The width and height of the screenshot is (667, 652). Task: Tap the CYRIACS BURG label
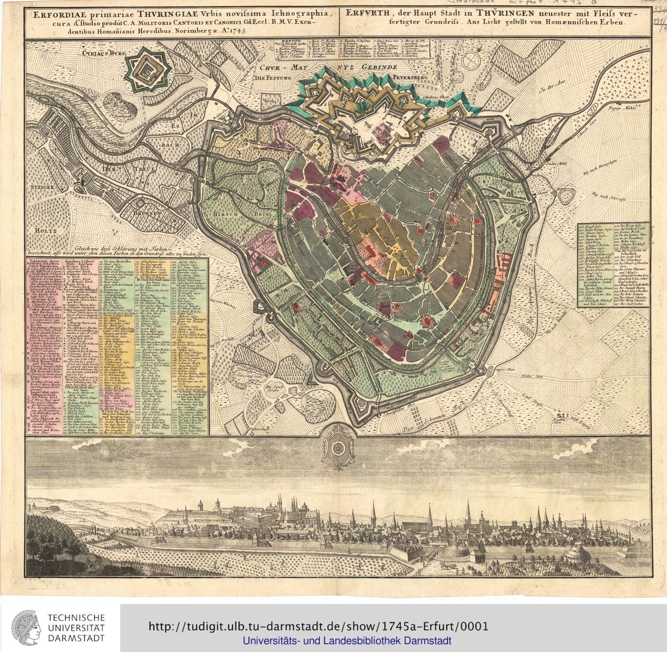pos(102,54)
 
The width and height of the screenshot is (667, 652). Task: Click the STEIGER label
pos(42,188)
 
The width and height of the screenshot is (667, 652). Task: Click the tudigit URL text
pos(319,626)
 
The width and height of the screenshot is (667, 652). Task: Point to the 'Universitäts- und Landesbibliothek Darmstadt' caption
pos(347,641)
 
